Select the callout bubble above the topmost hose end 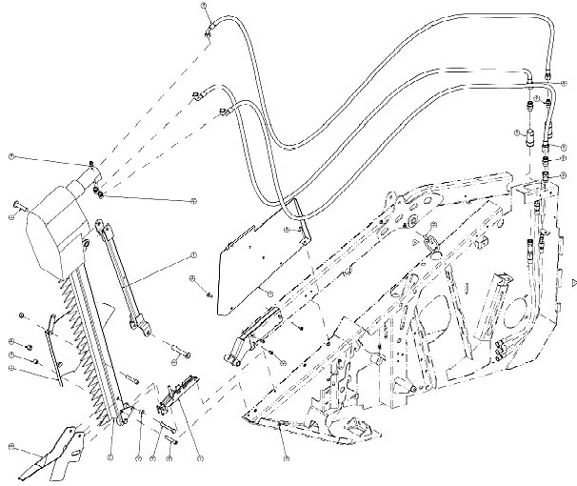204,7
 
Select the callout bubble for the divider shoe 10,445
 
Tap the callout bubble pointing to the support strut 192,254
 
